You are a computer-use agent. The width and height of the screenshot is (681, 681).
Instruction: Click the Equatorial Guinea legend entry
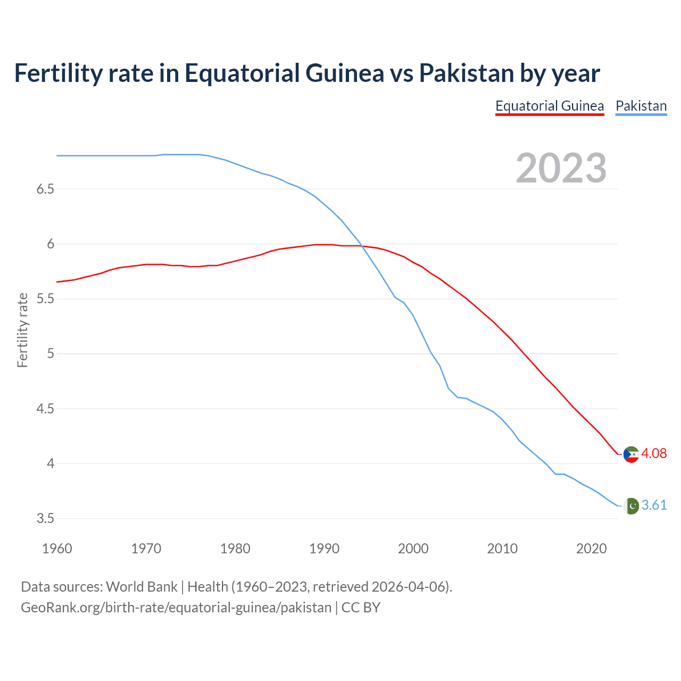pos(550,106)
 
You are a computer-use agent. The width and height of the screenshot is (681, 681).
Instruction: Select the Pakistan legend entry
pos(641,106)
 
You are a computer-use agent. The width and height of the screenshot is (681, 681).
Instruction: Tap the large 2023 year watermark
pos(561,168)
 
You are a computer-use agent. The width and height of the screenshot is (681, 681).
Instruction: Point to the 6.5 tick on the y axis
pos(45,189)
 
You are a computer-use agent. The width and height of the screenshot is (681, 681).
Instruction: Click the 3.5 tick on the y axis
pos(45,519)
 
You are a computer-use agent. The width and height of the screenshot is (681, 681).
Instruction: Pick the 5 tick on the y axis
pos(51,354)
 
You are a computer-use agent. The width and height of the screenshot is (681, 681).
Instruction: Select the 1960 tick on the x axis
pos(57,549)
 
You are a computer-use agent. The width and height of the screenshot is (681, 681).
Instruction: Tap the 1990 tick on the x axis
pos(324,549)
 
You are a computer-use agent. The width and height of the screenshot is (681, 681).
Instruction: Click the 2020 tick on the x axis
pos(591,549)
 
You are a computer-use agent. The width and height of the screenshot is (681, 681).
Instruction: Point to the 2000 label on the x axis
pos(413,549)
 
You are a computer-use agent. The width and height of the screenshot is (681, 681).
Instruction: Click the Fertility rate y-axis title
pos(22,330)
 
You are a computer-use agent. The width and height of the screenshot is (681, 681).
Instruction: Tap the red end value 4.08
pos(654,453)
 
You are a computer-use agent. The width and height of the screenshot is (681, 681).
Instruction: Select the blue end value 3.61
pos(654,505)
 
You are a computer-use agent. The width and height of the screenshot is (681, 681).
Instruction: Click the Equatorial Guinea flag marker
pos(631,454)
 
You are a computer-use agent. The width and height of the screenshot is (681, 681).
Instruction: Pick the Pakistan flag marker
pos(631,506)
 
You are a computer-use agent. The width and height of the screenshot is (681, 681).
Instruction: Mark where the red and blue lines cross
pos(362,245)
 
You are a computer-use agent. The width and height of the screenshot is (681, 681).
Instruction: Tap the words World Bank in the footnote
pos(142,586)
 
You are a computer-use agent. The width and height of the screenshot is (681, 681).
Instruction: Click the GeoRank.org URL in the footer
pos(176,608)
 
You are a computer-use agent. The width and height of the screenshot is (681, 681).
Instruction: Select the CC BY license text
pos(361,608)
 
